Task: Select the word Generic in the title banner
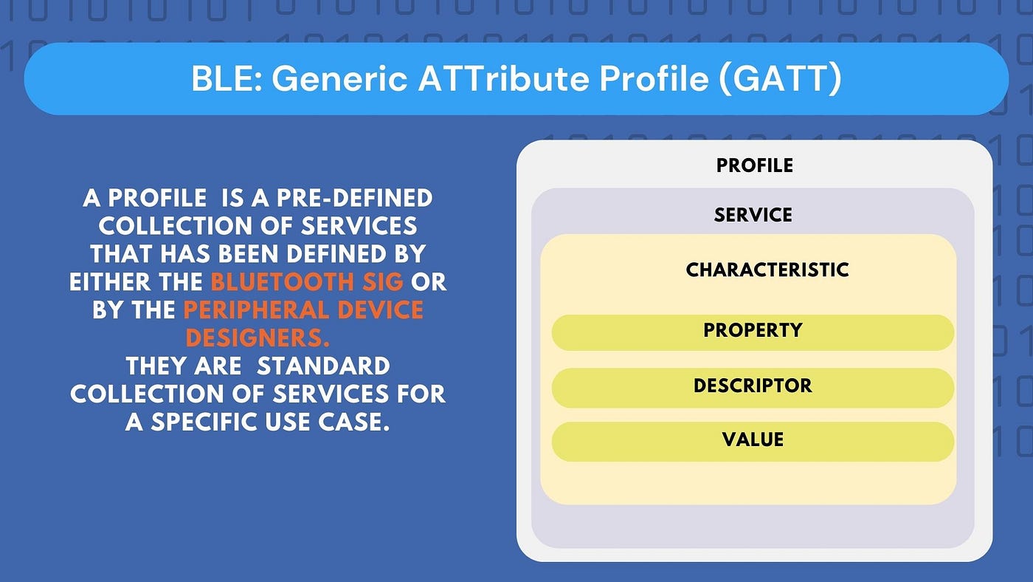(x=340, y=78)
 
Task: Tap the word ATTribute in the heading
(x=503, y=78)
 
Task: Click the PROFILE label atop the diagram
(x=754, y=165)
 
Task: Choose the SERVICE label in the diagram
(x=753, y=215)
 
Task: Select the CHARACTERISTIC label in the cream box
(x=767, y=270)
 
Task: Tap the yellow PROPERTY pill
(x=753, y=332)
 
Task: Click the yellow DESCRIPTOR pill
(x=753, y=388)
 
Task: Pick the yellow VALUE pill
(x=753, y=442)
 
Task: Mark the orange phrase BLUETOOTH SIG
(x=307, y=281)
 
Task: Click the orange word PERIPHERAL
(x=256, y=309)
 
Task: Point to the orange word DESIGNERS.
(x=258, y=338)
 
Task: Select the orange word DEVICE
(x=381, y=309)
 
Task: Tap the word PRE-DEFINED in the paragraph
(x=354, y=198)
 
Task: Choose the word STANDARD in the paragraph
(x=323, y=366)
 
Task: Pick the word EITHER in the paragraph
(x=110, y=281)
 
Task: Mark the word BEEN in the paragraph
(x=248, y=254)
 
